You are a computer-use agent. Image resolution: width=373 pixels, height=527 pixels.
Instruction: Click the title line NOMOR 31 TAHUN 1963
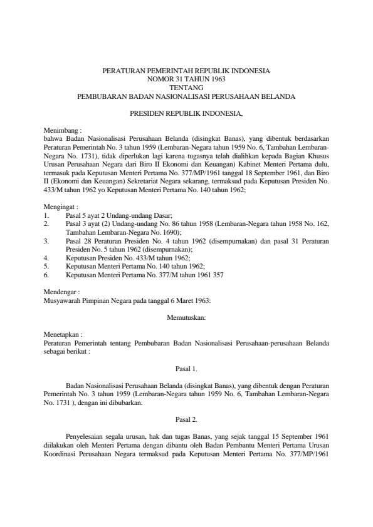(186, 79)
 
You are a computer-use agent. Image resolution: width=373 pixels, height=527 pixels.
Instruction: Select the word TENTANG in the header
(186, 88)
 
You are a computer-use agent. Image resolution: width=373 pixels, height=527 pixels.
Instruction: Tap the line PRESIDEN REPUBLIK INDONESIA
(186, 114)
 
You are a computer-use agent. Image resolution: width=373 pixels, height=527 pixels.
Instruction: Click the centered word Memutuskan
(186, 317)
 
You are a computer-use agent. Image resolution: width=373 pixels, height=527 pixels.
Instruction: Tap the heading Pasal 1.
(187, 369)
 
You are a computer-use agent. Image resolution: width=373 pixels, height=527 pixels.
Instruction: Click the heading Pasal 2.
(187, 420)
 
